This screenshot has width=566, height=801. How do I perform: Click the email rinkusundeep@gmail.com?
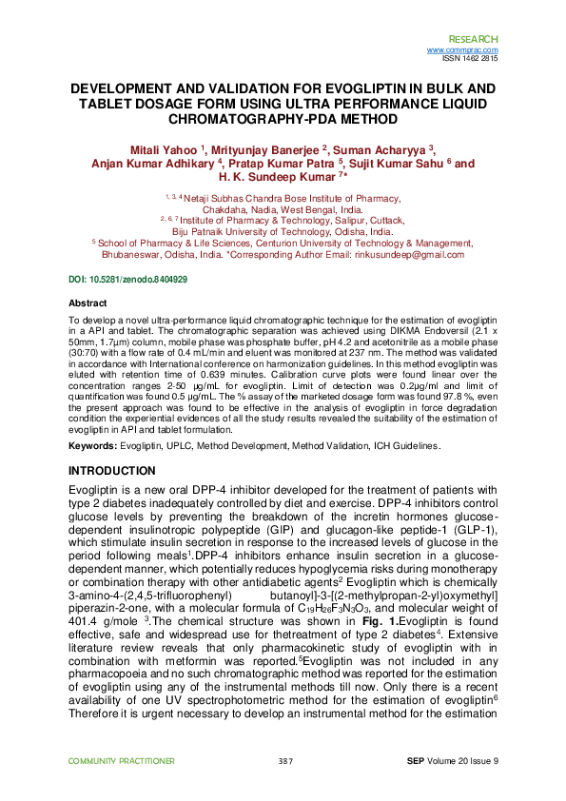[x=410, y=255]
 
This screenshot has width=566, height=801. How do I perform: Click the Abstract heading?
[x=84, y=302]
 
